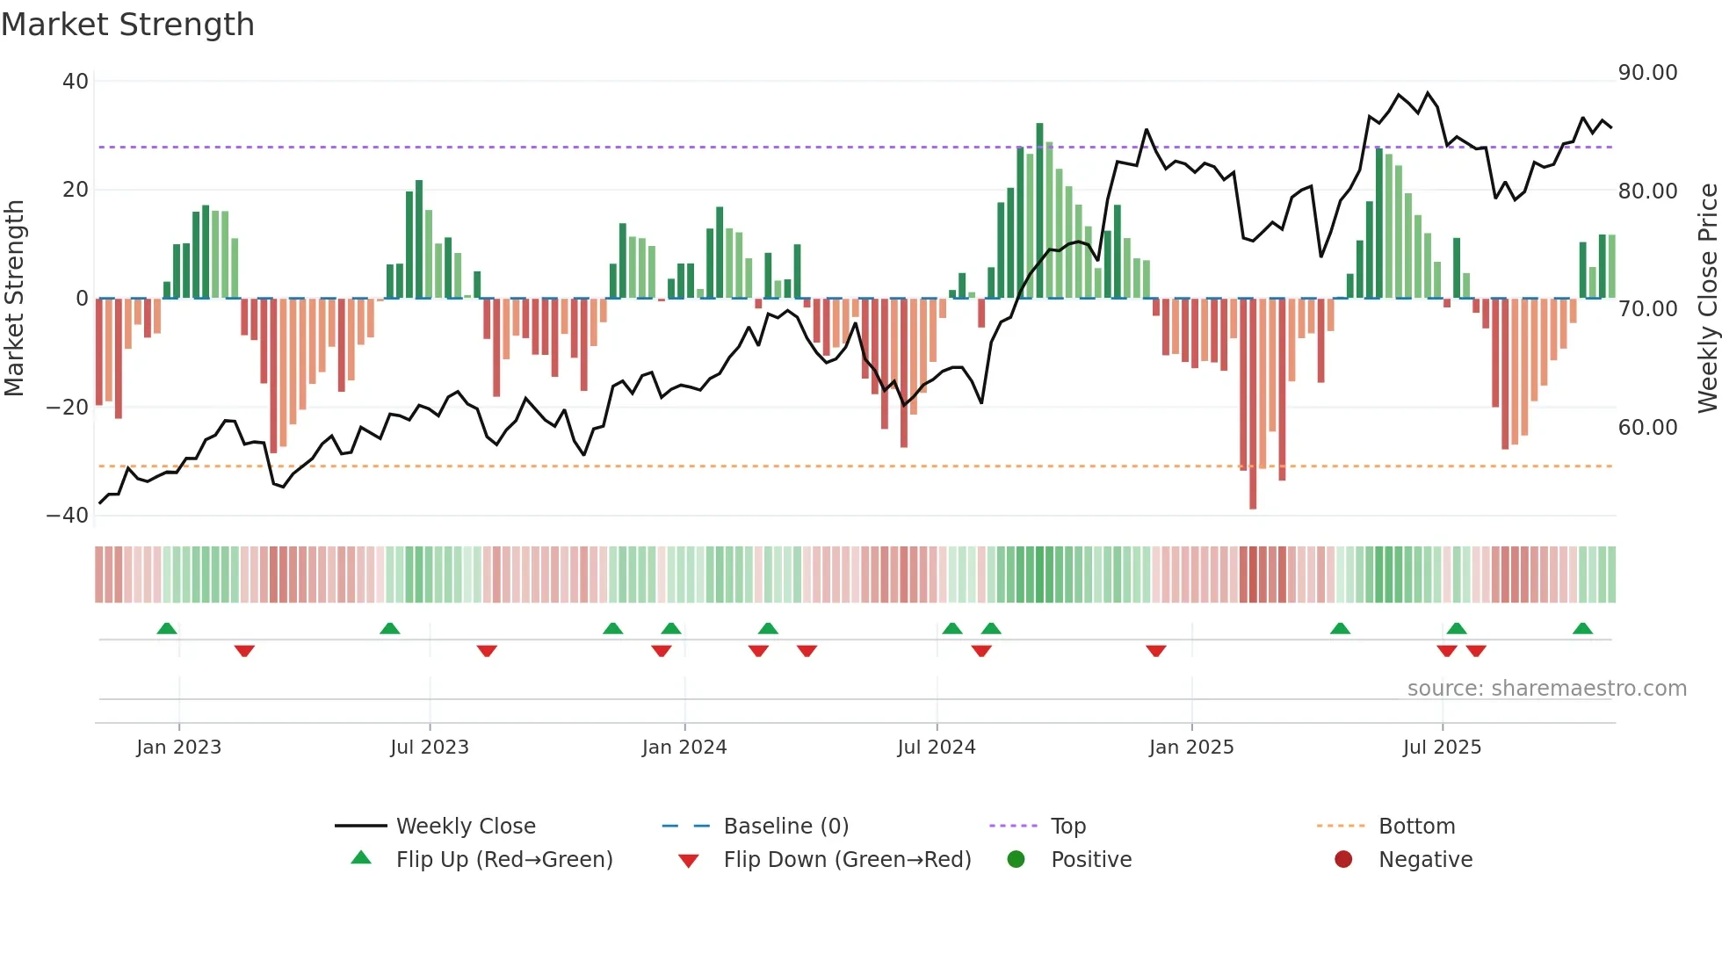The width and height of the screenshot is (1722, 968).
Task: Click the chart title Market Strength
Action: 127,25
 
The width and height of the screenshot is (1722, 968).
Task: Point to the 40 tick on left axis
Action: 76,81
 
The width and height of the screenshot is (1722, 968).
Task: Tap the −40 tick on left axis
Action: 68,516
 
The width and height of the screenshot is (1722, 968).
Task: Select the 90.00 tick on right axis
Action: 1647,73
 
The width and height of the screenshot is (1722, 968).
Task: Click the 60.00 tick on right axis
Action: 1647,428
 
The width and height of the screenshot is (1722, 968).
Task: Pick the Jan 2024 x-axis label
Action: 684,748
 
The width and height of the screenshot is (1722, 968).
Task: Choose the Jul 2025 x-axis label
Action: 1442,748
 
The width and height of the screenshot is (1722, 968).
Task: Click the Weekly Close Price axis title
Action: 1707,299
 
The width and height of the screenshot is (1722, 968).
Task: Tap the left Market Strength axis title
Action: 14,299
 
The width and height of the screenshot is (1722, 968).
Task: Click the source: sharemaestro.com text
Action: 1546,689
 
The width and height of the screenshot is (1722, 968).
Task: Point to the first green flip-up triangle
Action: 167,628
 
